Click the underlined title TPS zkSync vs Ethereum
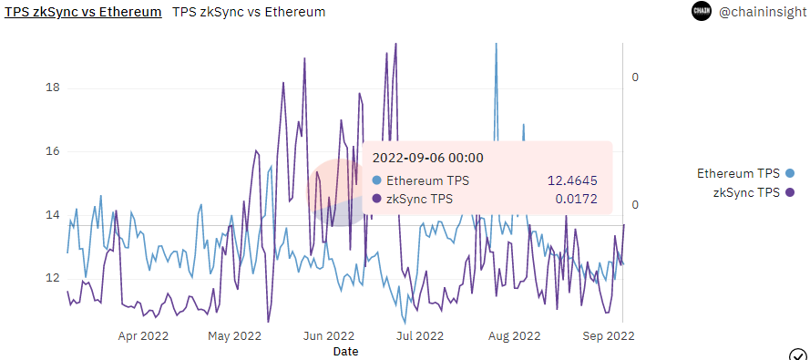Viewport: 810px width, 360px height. (x=84, y=12)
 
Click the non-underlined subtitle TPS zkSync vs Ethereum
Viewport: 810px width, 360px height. (x=248, y=12)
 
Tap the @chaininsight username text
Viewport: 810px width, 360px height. (x=763, y=12)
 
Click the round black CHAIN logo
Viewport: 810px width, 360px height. (x=701, y=12)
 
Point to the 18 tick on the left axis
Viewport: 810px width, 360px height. (x=53, y=88)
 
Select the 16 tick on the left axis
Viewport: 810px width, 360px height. (x=53, y=151)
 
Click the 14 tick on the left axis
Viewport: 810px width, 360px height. (x=53, y=215)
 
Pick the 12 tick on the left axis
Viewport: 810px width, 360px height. (x=53, y=278)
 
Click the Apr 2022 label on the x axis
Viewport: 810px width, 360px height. (x=143, y=335)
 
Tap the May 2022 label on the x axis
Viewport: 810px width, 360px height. (x=234, y=335)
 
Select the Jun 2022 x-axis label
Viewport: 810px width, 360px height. (x=328, y=335)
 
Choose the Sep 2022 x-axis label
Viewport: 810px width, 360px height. (x=608, y=335)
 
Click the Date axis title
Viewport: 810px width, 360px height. (x=345, y=351)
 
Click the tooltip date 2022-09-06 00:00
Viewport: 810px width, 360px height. (x=427, y=158)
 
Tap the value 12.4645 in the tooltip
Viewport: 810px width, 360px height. (x=572, y=180)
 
